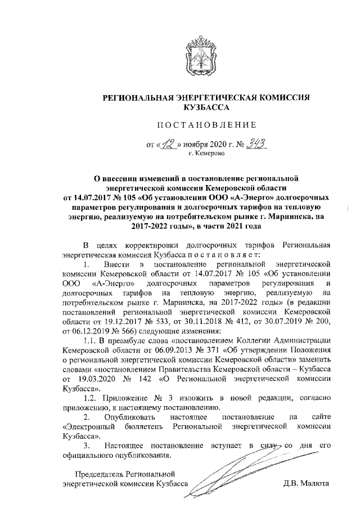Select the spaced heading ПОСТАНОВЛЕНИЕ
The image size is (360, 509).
(x=205, y=124)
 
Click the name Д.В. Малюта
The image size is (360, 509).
(x=306, y=483)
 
